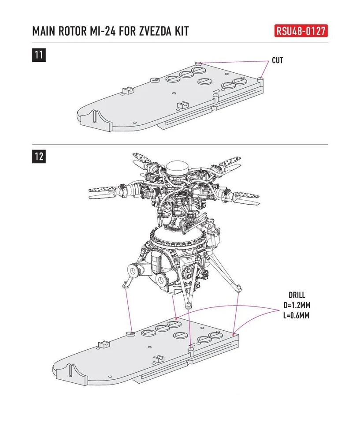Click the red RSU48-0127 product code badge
[302, 31]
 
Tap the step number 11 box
[39, 55]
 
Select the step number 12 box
[39, 156]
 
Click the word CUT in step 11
[277, 60]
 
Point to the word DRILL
[297, 295]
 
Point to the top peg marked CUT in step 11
[198, 65]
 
